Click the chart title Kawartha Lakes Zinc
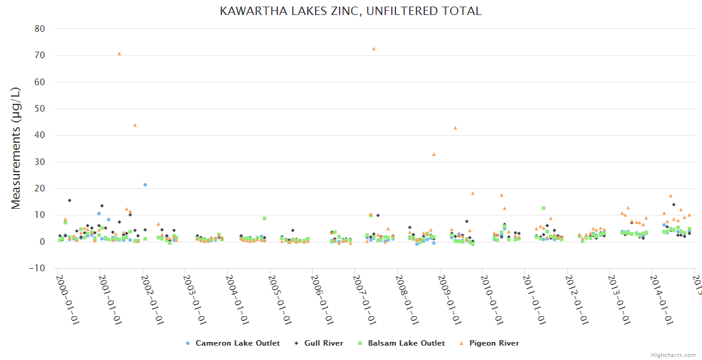(x=350, y=11)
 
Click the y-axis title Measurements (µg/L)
(x=16, y=149)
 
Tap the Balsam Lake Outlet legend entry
(x=401, y=343)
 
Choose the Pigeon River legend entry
(x=489, y=343)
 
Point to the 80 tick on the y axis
(x=39, y=29)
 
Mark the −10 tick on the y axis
(x=37, y=268)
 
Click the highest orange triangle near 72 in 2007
(x=373, y=49)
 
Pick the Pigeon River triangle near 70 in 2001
(x=119, y=53)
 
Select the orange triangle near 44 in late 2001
(x=135, y=125)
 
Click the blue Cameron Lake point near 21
(x=145, y=185)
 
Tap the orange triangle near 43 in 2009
(x=455, y=128)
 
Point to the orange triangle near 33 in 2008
(x=434, y=154)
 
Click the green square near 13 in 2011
(x=543, y=208)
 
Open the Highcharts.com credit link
(x=674, y=355)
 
